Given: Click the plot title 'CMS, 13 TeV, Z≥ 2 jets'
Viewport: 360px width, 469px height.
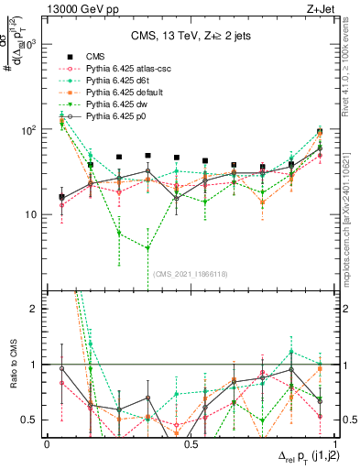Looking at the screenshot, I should (185, 37).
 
